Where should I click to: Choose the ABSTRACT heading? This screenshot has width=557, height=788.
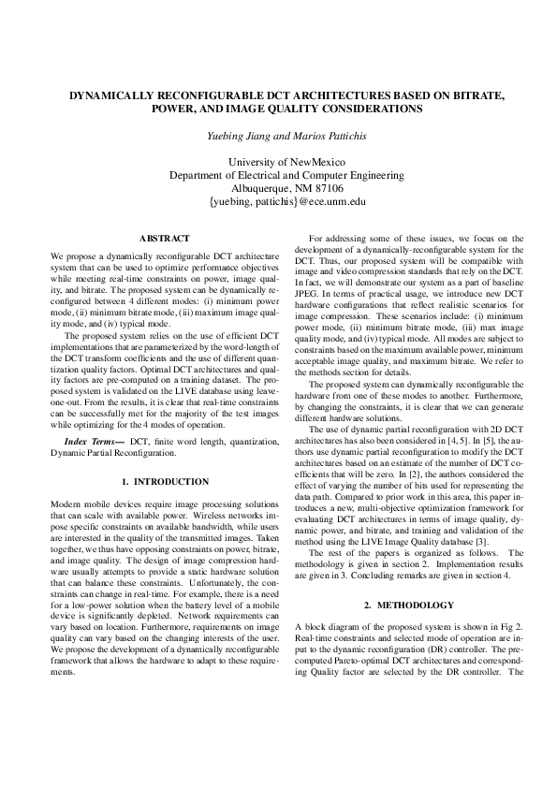[x=164, y=239]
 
